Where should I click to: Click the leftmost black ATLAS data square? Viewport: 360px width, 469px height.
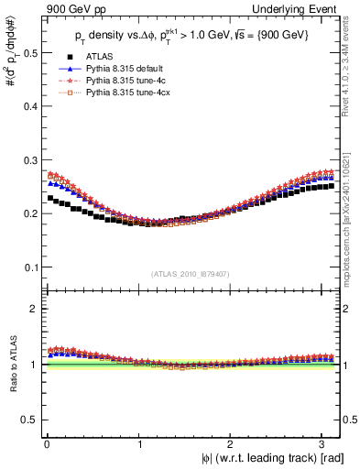50,198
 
